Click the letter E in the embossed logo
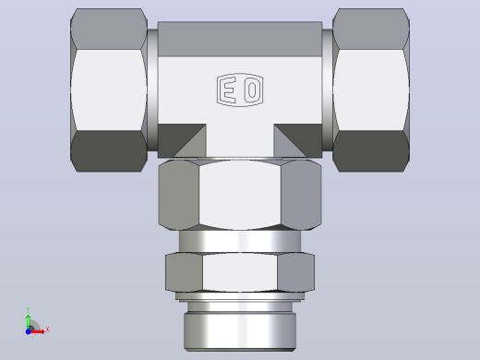pos(229,90)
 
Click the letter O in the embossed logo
pos(252,90)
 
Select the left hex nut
pos(109,90)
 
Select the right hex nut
pos(371,90)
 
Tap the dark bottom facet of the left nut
pos(109,150)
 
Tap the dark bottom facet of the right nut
pos(371,150)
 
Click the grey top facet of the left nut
pos(109,29)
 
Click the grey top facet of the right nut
pos(371,29)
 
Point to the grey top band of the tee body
pos(240,39)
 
